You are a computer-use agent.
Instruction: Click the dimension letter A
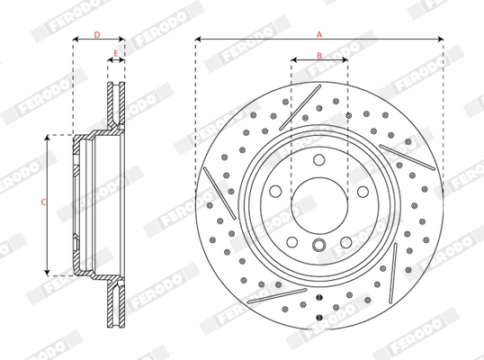(x=318, y=33)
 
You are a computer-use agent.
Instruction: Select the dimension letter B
(x=318, y=55)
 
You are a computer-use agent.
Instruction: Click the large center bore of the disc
(x=318, y=204)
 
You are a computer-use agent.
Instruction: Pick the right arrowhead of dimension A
(x=441, y=40)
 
